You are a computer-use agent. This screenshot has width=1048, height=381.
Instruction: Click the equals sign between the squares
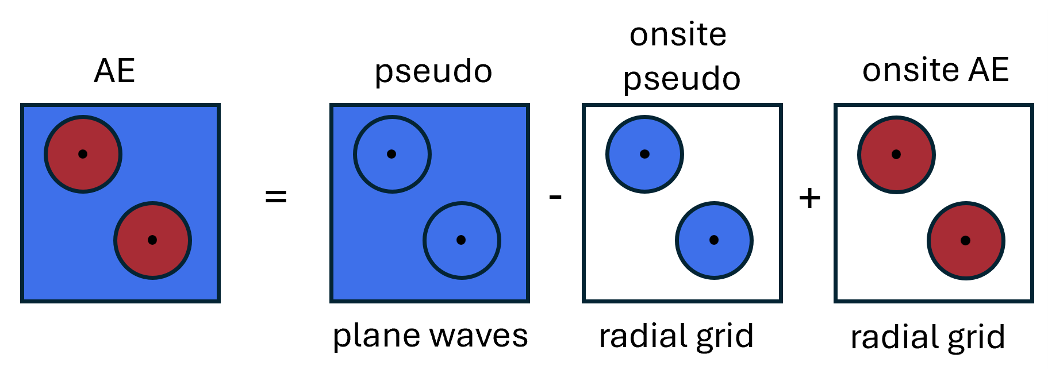click(x=276, y=197)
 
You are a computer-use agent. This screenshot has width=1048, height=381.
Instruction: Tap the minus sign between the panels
click(x=555, y=197)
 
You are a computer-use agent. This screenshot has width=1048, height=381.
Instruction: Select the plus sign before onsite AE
click(x=809, y=198)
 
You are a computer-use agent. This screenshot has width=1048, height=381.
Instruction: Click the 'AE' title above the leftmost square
click(x=114, y=71)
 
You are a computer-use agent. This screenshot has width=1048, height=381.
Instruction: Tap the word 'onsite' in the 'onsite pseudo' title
click(x=678, y=35)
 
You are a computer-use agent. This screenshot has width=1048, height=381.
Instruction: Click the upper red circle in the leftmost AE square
click(x=83, y=154)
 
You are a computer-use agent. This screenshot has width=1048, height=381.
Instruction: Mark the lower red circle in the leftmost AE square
click(x=152, y=240)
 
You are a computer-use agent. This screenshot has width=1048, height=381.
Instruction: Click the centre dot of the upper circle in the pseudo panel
click(x=391, y=154)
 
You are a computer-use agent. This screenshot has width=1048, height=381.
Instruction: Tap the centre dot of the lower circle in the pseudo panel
click(x=461, y=240)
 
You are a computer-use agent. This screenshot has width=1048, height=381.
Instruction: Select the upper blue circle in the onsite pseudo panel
click(x=644, y=154)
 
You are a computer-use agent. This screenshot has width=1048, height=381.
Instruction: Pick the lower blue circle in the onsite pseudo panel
click(x=714, y=240)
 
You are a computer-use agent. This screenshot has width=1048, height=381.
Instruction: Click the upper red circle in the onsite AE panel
click(x=896, y=155)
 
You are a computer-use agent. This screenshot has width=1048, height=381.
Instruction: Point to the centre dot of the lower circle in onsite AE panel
click(x=966, y=241)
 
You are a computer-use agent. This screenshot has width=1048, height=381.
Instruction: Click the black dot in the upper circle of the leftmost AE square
click(x=83, y=154)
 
